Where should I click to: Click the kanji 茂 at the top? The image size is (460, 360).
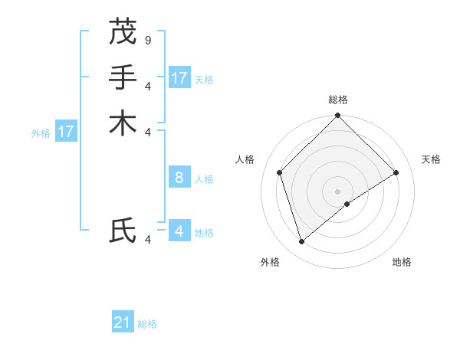pyautogui.click(x=123, y=31)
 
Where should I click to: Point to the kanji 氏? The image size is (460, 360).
pyautogui.click(x=123, y=230)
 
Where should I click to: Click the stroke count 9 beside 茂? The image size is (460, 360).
pyautogui.click(x=147, y=39)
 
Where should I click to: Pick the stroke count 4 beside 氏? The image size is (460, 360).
pyautogui.click(x=147, y=240)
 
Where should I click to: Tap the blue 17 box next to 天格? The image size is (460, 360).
pyautogui.click(x=179, y=78)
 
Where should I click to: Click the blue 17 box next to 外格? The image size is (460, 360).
pyautogui.click(x=66, y=132)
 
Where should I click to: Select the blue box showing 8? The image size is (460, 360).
pyautogui.click(x=179, y=178)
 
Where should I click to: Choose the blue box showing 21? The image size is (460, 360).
pyautogui.click(x=123, y=322)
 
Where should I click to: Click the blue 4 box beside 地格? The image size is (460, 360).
pyautogui.click(x=179, y=231)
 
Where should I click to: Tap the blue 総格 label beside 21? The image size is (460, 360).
pyautogui.click(x=147, y=324)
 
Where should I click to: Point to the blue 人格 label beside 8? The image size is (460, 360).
pyautogui.click(x=204, y=179)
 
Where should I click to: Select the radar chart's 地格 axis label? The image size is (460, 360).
pyautogui.click(x=402, y=263)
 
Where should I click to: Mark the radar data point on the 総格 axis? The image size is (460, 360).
pyautogui.click(x=338, y=116)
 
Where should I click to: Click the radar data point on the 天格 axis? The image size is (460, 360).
pyautogui.click(x=396, y=172)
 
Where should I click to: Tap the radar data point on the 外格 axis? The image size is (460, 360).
pyautogui.click(x=302, y=242)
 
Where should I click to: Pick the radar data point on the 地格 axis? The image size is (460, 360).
pyautogui.click(x=347, y=204)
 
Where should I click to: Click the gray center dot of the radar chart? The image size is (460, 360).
pyautogui.click(x=338, y=191)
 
